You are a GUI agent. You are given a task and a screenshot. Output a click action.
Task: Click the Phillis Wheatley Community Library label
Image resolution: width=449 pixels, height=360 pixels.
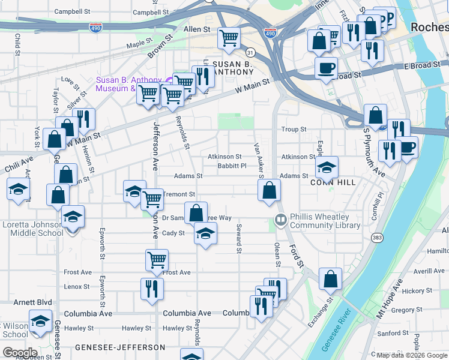(325, 221)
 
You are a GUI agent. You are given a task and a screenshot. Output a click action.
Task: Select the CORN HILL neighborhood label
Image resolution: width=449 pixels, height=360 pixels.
(334, 182)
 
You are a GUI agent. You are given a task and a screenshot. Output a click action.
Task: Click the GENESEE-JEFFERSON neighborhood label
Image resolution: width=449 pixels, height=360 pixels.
(120, 347)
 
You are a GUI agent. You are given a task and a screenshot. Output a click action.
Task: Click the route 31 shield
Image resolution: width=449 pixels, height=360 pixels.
(251, 53)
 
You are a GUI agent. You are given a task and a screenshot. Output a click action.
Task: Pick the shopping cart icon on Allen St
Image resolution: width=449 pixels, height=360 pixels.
(229, 38)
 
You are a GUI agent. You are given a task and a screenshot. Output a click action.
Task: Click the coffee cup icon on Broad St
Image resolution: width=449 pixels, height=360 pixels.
(327, 68)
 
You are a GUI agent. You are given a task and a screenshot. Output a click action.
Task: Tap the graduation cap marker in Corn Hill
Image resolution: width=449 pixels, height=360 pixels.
(327, 167)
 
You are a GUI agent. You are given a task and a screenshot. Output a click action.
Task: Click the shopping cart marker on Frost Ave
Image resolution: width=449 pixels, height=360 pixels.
(157, 260)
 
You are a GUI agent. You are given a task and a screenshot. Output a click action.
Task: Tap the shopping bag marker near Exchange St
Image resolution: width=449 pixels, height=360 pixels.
(330, 278)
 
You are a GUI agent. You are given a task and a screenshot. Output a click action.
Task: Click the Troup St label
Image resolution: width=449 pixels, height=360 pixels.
(294, 130)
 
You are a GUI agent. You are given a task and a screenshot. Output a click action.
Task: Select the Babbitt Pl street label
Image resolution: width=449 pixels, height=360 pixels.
(232, 166)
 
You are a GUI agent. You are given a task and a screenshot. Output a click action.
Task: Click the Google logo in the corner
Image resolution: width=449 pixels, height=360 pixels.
(19, 353)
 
